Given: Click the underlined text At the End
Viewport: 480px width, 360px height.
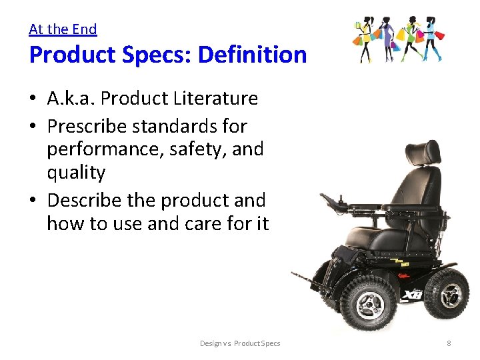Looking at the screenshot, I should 63,29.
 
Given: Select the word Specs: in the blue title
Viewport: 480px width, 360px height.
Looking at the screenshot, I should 144,55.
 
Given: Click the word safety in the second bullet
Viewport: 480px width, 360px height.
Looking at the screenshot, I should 197,149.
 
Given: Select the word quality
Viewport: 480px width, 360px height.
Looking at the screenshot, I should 76,172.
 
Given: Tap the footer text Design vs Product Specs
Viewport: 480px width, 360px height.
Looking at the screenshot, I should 240,343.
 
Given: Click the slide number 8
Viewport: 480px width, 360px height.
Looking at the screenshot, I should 449,343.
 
